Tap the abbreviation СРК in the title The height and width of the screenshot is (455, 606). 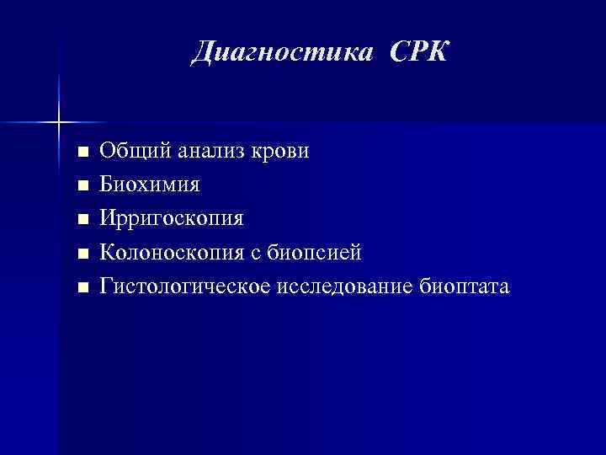(420, 52)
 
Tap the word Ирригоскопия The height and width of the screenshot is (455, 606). (172, 219)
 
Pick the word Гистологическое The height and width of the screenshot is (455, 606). (185, 286)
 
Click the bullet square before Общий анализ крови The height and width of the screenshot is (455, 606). (82, 153)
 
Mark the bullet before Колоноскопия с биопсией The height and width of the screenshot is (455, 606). (82, 254)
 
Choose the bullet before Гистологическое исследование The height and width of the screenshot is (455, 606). (82, 287)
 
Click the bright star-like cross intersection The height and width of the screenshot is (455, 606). (59, 123)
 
